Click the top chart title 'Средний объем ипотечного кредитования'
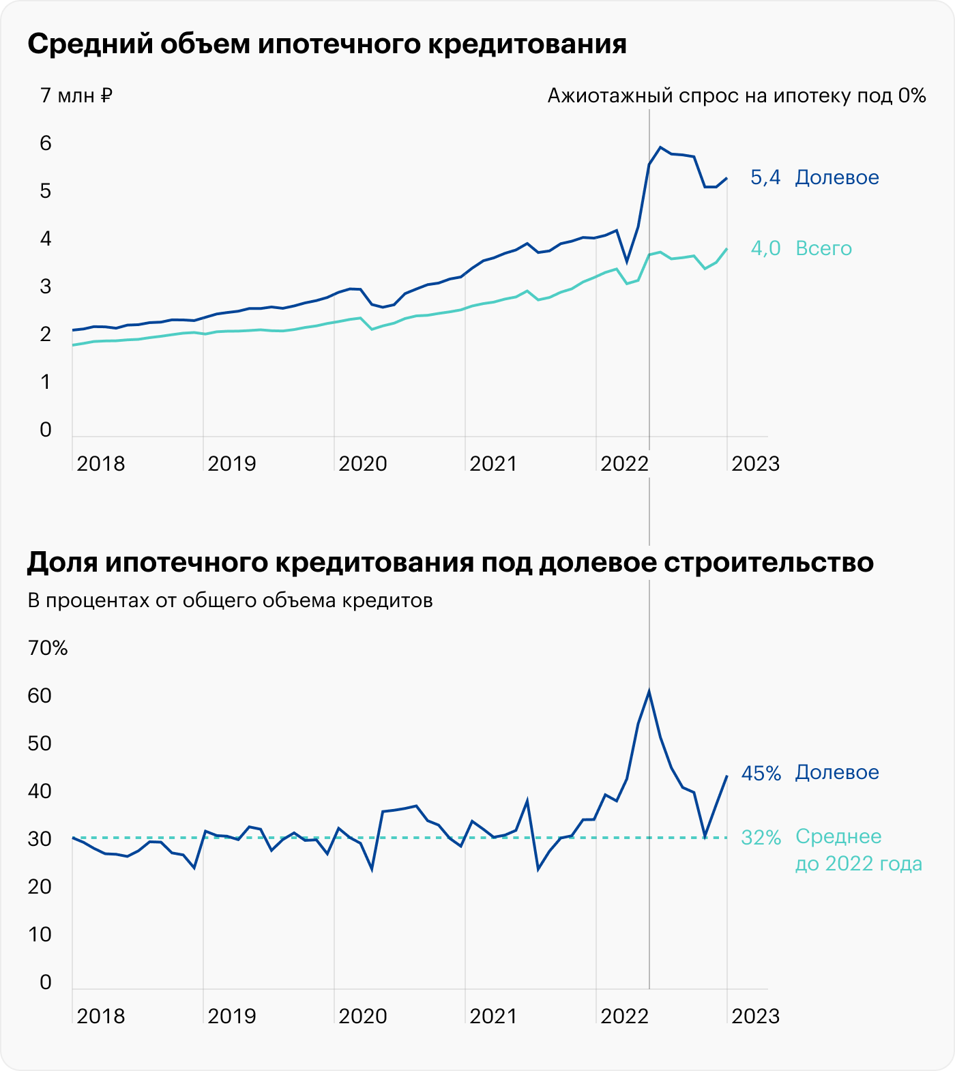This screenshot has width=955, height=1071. coord(327,44)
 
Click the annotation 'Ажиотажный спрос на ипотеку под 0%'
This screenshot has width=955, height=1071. coord(736,96)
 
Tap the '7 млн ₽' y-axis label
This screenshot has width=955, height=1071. coord(76,96)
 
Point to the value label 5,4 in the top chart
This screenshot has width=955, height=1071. coord(765,177)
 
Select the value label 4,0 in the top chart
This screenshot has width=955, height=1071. coord(765,248)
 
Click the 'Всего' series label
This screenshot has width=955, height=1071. coord(823,248)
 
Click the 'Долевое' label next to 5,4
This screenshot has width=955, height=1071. coord(837,177)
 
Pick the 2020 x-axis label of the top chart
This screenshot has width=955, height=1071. coord(362,464)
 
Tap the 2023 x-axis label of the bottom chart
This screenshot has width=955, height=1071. coord(755,1016)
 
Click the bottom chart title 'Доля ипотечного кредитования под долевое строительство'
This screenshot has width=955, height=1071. coord(450,563)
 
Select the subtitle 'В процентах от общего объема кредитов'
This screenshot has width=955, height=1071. coord(230,601)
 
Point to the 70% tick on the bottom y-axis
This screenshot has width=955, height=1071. coord(48,648)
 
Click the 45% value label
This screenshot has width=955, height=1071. coord(761,774)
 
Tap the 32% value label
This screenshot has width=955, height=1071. coord(761,838)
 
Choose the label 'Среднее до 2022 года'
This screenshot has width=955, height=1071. coord(858,851)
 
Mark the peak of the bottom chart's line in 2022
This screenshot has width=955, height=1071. coord(649,690)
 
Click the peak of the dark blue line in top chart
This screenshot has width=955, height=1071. coord(660,147)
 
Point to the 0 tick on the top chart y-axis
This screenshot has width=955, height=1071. coord(46,430)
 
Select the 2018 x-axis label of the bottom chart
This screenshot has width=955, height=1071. coord(101,1016)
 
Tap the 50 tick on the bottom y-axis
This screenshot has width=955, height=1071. coord(40,744)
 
